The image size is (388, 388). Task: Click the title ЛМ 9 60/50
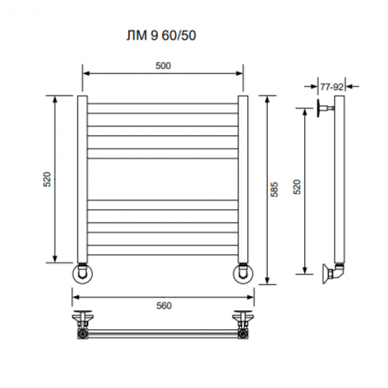162,35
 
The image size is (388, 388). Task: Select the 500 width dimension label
163,65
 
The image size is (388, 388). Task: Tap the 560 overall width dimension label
164,306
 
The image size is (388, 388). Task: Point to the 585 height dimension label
274,190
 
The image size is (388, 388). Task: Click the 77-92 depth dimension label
332,87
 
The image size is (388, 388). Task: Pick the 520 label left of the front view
47,179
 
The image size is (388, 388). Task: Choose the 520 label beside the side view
297,187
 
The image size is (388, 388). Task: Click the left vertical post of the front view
82,179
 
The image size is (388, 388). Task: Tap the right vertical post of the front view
243,179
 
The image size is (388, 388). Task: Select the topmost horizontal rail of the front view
162,108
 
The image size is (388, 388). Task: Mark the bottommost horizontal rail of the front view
162,250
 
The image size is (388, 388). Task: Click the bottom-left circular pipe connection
82,274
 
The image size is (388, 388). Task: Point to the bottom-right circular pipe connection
243,274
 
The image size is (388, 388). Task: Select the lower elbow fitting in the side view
333,273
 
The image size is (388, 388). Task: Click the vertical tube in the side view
339,179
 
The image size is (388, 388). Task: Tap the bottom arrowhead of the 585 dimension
267,281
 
